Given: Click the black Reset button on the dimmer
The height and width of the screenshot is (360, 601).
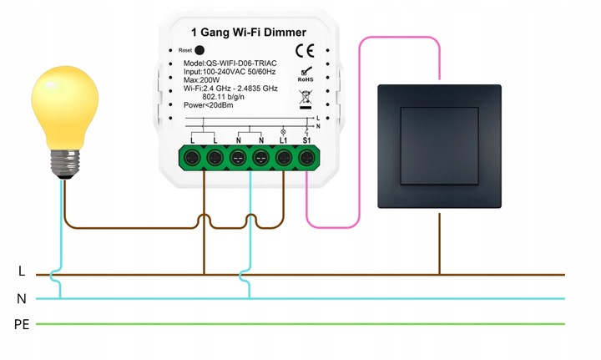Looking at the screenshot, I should click(x=199, y=50).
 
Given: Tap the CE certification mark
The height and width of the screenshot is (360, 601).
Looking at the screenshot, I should click(x=305, y=58).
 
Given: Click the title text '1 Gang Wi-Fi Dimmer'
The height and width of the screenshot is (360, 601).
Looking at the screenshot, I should click(x=249, y=33).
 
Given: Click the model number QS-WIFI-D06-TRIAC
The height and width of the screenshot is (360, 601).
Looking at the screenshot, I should click(x=238, y=63).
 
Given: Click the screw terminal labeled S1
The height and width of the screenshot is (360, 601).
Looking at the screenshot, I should click(x=306, y=157).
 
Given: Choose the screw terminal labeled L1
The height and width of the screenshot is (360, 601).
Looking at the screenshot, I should click(x=284, y=157).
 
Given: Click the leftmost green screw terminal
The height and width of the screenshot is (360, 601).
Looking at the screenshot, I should click(x=192, y=157).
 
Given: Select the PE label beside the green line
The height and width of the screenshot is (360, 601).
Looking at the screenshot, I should click(x=22, y=324).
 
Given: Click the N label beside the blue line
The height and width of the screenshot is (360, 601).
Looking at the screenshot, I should click(x=21, y=298).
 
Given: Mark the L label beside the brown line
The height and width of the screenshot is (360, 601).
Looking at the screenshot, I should click(x=21, y=272).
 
